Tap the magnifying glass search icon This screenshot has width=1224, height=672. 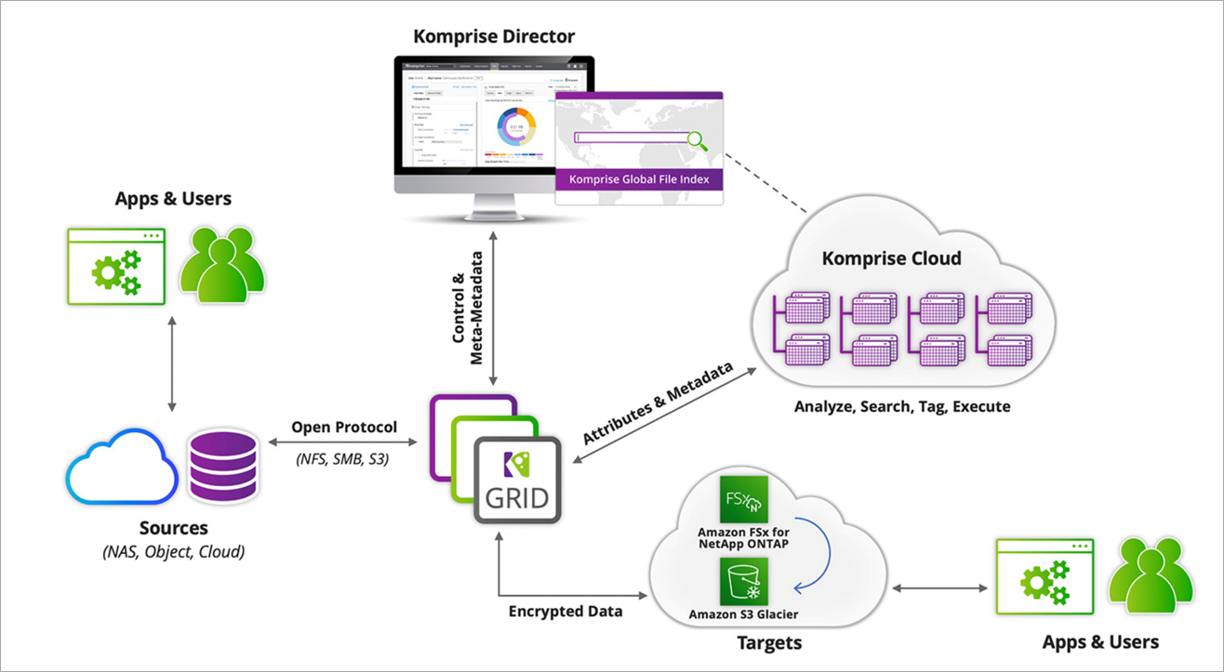point(697,140)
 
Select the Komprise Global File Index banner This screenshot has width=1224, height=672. point(638,180)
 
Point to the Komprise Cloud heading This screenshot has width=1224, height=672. point(891,257)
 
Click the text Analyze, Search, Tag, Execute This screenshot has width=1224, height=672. point(902,406)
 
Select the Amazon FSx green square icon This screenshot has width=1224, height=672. point(743,499)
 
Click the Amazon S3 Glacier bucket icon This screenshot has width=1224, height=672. point(743,582)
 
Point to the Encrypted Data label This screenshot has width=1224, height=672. point(565,612)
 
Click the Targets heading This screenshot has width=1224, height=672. point(769,642)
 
